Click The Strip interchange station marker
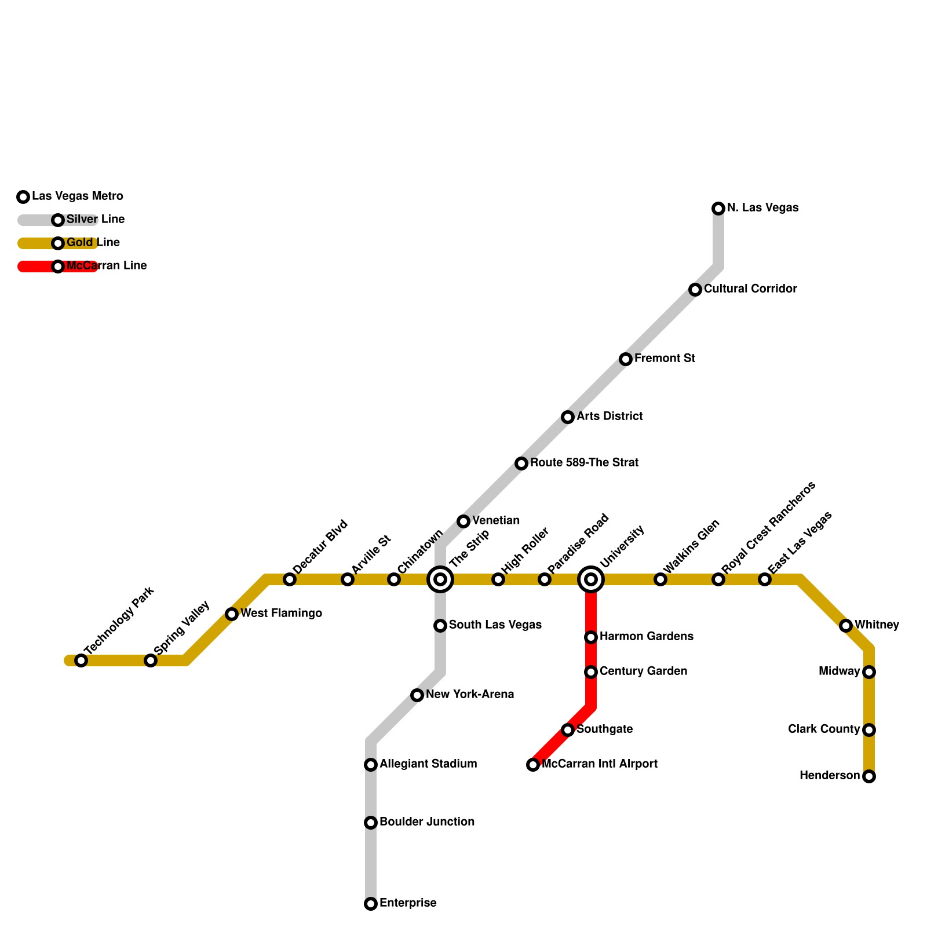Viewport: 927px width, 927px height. tap(440, 579)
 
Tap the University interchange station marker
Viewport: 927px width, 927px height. tap(591, 579)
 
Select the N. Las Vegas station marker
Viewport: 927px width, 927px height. tap(718, 208)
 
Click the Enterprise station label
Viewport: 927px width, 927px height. tap(408, 903)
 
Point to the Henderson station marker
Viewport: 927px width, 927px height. tap(869, 776)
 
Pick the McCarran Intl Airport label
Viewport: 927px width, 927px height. tap(600, 764)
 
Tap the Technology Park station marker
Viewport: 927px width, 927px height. tap(81, 660)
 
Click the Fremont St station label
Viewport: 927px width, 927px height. tap(665, 359)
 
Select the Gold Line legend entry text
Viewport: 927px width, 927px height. tap(93, 243)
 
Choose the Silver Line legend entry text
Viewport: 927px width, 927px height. tap(96, 220)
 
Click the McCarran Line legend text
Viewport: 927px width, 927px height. tap(107, 266)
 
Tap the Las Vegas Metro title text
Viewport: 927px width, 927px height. tap(78, 196)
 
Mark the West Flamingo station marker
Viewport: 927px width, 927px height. tap(232, 614)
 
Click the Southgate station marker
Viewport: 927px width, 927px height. tap(568, 730)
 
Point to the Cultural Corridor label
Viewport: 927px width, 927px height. tap(750, 289)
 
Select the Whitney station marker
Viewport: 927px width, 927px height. tap(846, 626)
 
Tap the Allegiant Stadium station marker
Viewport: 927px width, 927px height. tap(371, 765)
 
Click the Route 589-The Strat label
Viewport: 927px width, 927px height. tap(584, 463)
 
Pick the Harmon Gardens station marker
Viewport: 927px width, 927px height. tap(591, 637)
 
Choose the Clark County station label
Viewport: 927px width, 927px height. tap(824, 729)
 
